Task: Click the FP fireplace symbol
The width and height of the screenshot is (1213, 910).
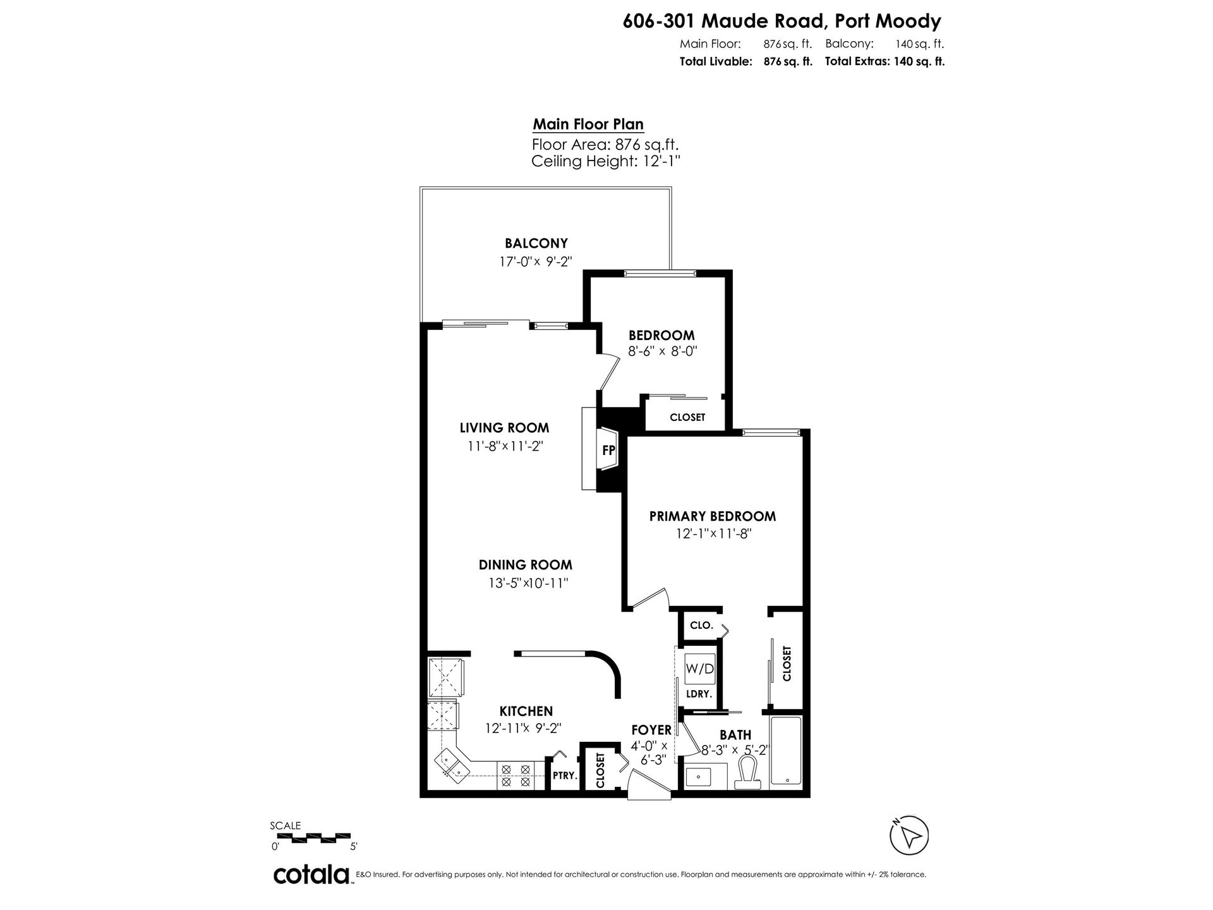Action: pos(608,450)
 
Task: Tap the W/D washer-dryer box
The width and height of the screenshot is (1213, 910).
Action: pos(700,669)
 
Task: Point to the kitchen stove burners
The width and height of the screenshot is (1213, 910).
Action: pos(516,775)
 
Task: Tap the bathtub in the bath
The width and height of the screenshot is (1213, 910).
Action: pos(785,752)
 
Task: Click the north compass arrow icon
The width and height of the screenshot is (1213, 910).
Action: pos(909,836)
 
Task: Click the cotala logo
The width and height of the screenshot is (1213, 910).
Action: pos(312,875)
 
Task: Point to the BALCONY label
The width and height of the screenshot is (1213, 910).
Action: pos(536,243)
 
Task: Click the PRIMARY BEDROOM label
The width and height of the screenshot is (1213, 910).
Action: pos(713,516)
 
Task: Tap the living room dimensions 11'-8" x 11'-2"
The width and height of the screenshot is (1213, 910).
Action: pos(505,446)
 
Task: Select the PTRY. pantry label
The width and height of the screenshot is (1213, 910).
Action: pos(565,775)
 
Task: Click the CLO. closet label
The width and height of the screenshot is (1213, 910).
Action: pos(701,626)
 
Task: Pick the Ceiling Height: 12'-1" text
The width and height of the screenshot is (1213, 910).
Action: pos(605,161)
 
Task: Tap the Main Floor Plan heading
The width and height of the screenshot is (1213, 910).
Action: pos(588,124)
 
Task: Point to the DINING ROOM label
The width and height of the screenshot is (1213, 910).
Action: pos(525,565)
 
